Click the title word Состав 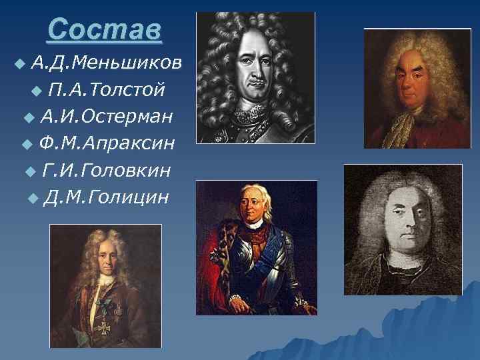point(105,30)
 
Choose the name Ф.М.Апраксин point(107,143)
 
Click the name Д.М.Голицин point(105,197)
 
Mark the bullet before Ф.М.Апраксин point(27,145)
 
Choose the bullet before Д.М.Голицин point(33,199)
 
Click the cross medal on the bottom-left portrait point(104,327)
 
